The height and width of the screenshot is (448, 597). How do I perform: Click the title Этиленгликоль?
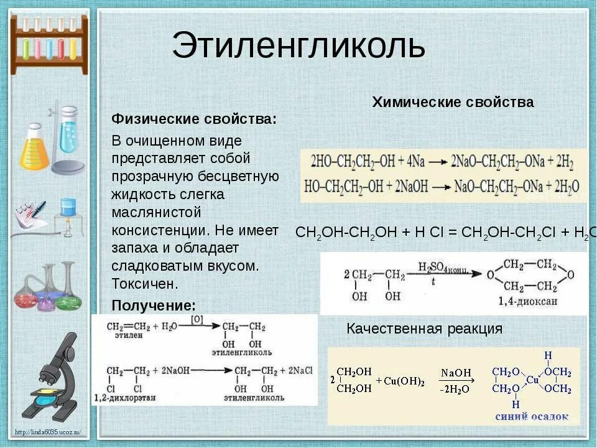point(298,47)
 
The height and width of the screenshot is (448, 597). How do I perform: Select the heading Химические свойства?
point(453,103)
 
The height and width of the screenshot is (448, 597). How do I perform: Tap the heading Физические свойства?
point(194,119)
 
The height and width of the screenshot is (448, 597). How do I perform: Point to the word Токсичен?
point(145,284)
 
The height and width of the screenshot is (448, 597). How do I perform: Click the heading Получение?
point(154,306)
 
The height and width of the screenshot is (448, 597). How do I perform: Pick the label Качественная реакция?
point(424,329)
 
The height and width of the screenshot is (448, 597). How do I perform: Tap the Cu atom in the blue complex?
point(532,380)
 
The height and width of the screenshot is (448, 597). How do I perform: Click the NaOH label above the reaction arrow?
point(456,372)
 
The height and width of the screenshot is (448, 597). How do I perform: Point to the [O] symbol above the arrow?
point(197,319)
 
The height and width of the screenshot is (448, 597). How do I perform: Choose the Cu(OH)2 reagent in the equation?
point(404,381)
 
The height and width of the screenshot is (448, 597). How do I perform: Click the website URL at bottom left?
point(50,432)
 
